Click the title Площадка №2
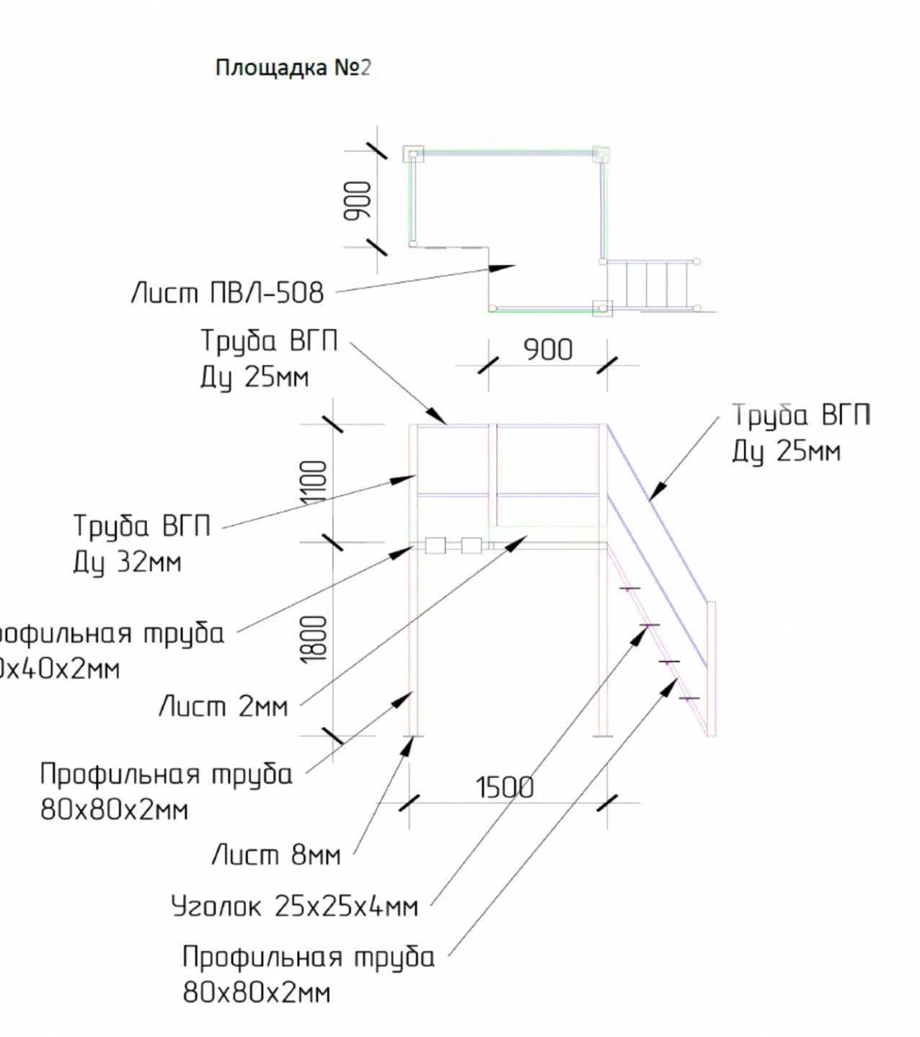[x=293, y=68]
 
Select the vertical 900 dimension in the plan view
[x=357, y=200]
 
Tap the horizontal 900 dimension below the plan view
[x=548, y=350]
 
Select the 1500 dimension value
[x=505, y=787]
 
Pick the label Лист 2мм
[x=224, y=706]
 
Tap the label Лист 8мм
[x=276, y=855]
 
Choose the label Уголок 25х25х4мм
[x=294, y=906]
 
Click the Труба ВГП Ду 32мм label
[x=141, y=544]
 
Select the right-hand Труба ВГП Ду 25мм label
[x=801, y=433]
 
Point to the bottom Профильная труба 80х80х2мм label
[x=309, y=975]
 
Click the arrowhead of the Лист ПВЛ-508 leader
[x=505, y=268]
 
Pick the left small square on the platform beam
[x=435, y=545]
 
